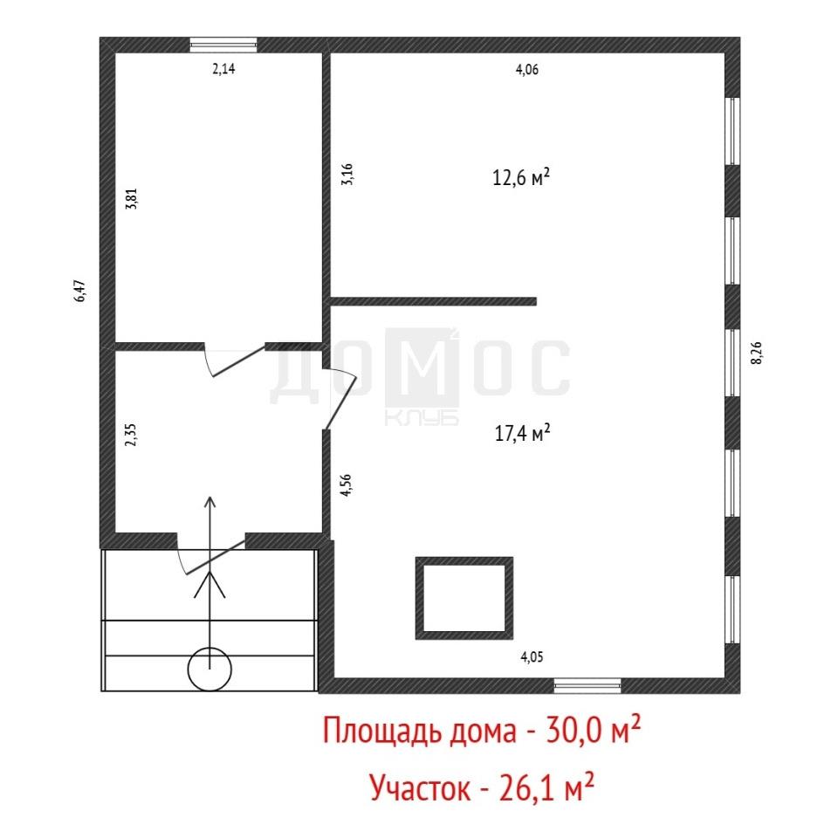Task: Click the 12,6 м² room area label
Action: (x=521, y=177)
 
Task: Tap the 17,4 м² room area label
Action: (x=522, y=433)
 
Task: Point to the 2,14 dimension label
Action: (x=224, y=68)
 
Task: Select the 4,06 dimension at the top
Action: (x=527, y=70)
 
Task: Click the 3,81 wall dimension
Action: (x=132, y=198)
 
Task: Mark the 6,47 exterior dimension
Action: (x=79, y=291)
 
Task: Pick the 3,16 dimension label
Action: (x=347, y=175)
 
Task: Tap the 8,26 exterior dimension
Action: (x=757, y=353)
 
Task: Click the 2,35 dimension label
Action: (x=131, y=435)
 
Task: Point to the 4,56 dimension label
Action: (x=347, y=485)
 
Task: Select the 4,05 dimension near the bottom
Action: (x=532, y=656)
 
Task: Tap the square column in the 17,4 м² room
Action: (x=464, y=559)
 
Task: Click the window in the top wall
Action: (x=224, y=45)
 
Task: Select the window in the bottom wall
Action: (x=587, y=686)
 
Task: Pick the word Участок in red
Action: (x=420, y=787)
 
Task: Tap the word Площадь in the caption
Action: (x=382, y=732)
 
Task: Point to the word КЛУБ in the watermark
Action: (x=422, y=418)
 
